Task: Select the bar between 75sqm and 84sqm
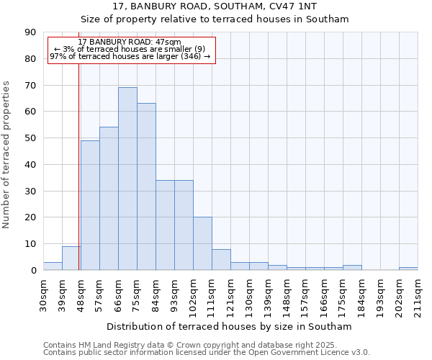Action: pyautogui.click(x=146, y=186)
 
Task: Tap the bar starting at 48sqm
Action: pyautogui.click(x=90, y=205)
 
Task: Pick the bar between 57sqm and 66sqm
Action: pyautogui.click(x=109, y=199)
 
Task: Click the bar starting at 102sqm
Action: pyautogui.click(x=202, y=243)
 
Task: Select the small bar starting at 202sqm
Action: pyautogui.click(x=408, y=269)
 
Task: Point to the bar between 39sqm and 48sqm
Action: pyautogui.click(x=71, y=258)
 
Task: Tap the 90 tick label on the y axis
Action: pyautogui.click(x=30, y=32)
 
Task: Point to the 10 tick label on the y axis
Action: pyautogui.click(x=30, y=244)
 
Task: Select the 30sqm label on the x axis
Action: pyautogui.click(x=43, y=294)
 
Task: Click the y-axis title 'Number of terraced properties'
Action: pyautogui.click(x=6, y=155)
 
